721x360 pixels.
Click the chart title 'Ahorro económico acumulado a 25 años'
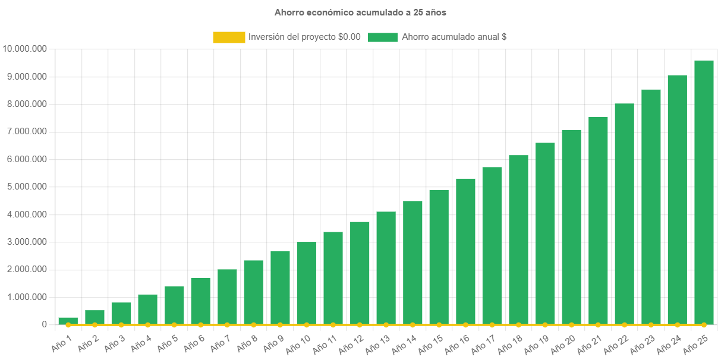(x=360, y=12)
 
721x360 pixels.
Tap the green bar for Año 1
(x=68, y=321)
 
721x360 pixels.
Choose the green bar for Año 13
(x=386, y=268)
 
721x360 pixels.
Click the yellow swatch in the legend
(x=229, y=37)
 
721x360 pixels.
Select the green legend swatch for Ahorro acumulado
(x=383, y=37)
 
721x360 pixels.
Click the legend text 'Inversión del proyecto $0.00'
(x=304, y=37)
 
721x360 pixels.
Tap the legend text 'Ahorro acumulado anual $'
(x=454, y=37)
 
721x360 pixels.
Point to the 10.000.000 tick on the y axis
(x=25, y=49)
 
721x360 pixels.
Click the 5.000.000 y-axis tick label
(x=25, y=187)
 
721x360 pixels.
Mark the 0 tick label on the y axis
(x=45, y=324)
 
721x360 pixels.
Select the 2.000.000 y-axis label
(x=25, y=269)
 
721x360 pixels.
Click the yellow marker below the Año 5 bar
(x=174, y=325)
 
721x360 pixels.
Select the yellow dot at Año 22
(x=624, y=325)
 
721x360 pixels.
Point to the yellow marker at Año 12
(x=360, y=325)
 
